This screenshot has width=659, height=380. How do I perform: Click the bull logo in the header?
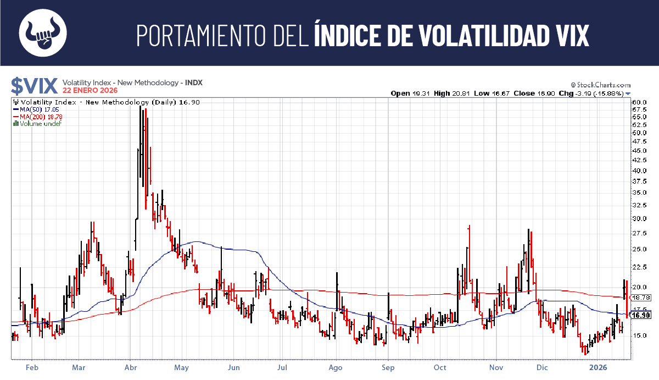43,32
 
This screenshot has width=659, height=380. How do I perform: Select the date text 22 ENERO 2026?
90,90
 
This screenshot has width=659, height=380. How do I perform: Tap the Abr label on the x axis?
131,367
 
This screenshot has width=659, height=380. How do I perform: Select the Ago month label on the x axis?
335,367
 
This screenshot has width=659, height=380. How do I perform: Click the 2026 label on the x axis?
596,367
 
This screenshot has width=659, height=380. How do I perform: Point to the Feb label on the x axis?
32,367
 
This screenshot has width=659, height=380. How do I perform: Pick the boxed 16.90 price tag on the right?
641,315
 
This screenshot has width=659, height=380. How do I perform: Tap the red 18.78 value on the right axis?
641,298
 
